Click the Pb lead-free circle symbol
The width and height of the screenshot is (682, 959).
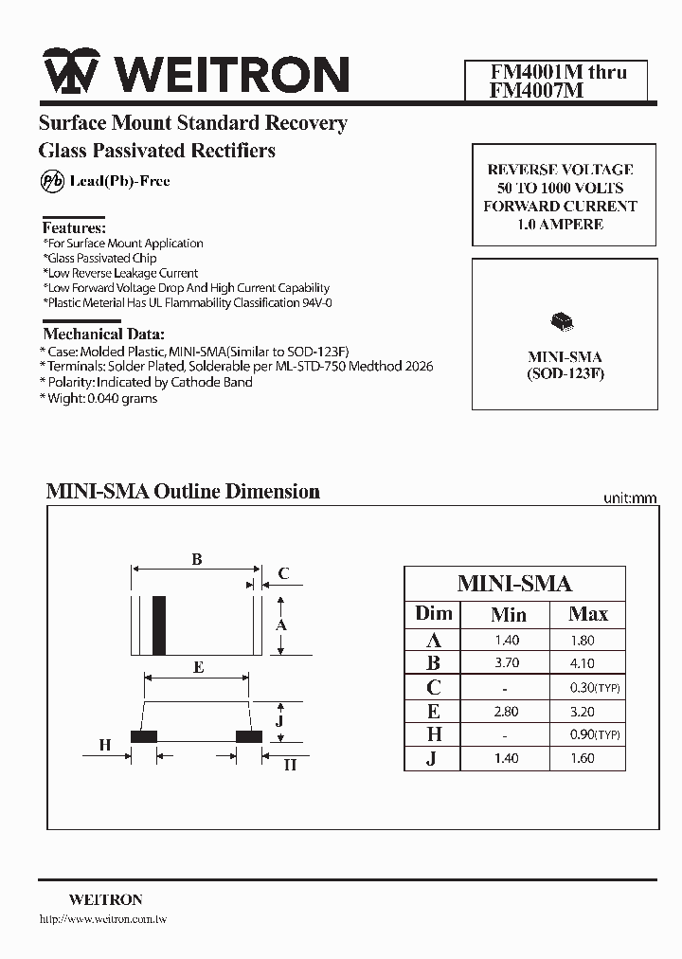coord(52,181)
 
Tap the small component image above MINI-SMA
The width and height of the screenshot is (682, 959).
coord(561,322)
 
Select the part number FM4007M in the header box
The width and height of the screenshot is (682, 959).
coord(523,91)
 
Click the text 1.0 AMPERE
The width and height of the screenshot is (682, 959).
coord(561,225)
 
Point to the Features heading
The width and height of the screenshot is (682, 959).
coord(74,227)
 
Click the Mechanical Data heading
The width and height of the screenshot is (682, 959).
coord(103,334)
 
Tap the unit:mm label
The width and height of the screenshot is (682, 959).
coord(630,498)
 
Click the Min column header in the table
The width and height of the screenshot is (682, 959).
coord(509,614)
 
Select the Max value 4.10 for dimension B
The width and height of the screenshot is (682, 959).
coord(583,663)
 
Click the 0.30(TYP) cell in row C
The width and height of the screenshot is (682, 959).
coord(595,688)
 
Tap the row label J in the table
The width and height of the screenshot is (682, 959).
coord(431,758)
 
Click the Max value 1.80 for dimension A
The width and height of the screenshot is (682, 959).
coord(583,641)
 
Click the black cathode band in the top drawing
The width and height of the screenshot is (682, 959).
coord(161,624)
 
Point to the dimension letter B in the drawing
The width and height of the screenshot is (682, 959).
coord(196,560)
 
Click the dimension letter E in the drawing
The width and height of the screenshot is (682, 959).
coord(197,667)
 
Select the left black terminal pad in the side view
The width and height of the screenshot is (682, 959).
coord(144,735)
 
